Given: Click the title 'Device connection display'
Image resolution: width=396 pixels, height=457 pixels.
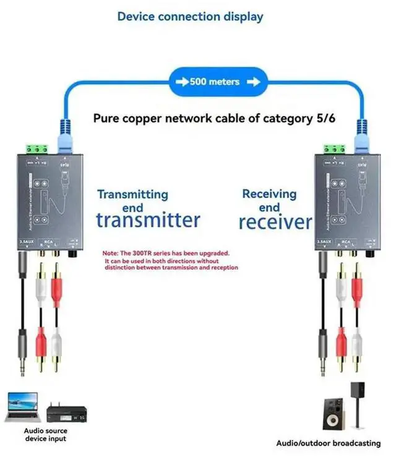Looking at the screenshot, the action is coord(190,17).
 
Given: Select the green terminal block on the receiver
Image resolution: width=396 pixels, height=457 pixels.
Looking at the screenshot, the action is coord(335,149).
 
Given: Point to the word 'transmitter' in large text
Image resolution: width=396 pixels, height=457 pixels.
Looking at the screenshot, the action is coord(148,219).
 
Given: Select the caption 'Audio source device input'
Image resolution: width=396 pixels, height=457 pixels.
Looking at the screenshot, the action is coord(45,434).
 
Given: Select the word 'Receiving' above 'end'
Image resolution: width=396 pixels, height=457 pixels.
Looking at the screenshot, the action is coord(270,194).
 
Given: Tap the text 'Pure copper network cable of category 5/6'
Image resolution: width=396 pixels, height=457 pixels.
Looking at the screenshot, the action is coord(214,118).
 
